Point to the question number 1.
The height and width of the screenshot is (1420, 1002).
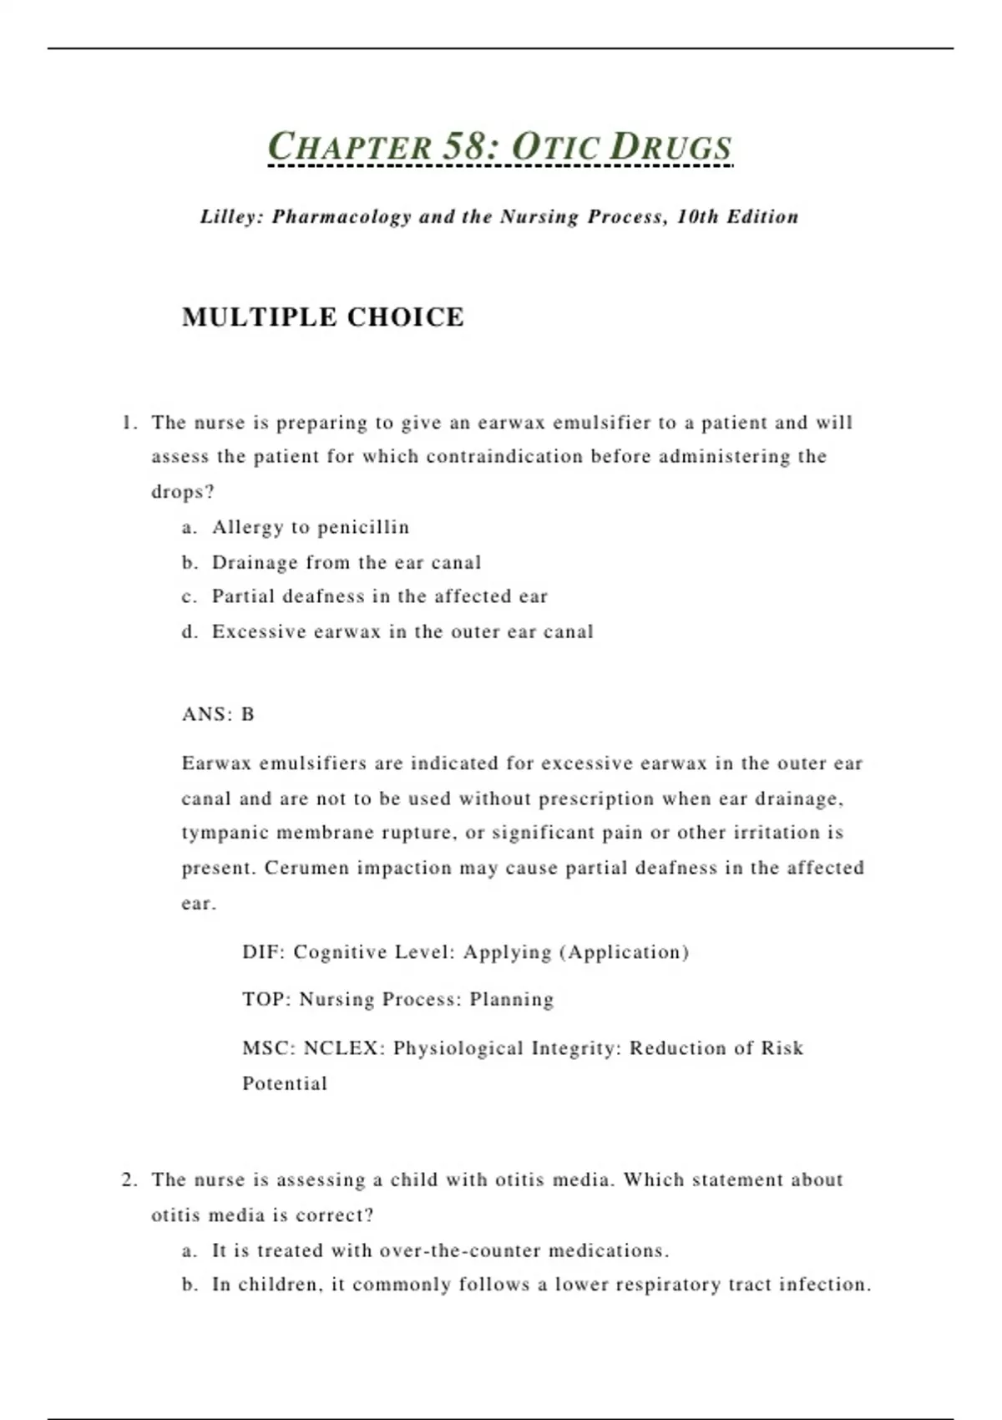pyautogui.click(x=128, y=423)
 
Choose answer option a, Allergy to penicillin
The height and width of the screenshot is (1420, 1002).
pyautogui.click(x=310, y=527)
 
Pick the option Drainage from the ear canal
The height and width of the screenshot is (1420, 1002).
pyautogui.click(x=346, y=562)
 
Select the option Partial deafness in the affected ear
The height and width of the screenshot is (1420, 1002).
pyautogui.click(x=379, y=596)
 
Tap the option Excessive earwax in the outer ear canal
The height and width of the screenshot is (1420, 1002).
pyautogui.click(x=402, y=631)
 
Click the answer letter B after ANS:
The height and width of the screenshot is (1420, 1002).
pyautogui.click(x=248, y=714)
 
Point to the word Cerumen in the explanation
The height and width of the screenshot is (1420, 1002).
pyautogui.click(x=306, y=868)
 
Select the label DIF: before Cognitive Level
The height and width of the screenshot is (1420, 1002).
pyautogui.click(x=263, y=952)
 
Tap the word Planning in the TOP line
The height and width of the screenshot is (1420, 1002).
pyautogui.click(x=511, y=1000)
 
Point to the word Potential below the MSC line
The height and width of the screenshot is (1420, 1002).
pyautogui.click(x=284, y=1083)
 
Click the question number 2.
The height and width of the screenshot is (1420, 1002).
pyautogui.click(x=128, y=1179)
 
